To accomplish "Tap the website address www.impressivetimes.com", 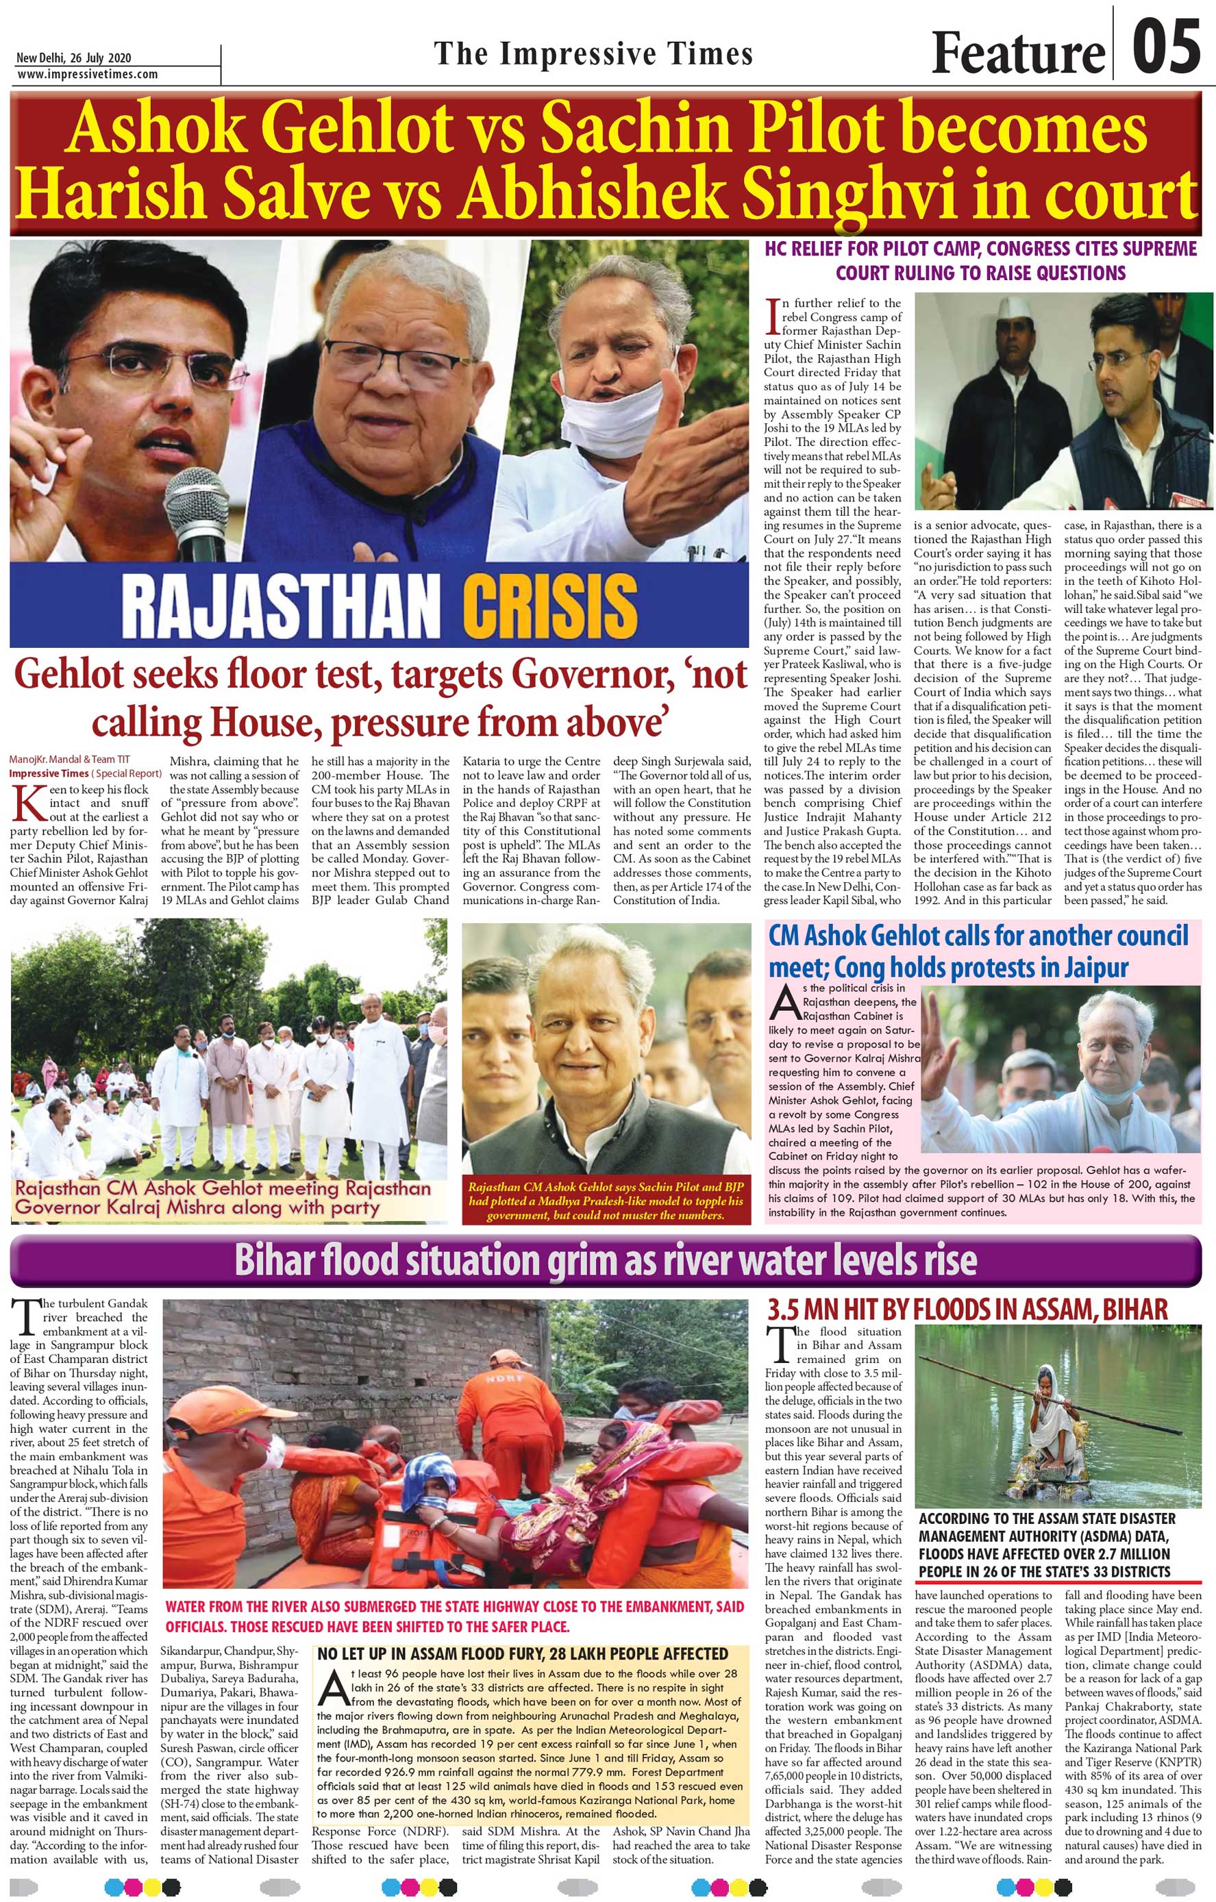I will click(x=87, y=74).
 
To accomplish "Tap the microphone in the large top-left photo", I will click(x=196, y=505).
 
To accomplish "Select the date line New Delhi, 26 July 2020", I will click(x=73, y=58).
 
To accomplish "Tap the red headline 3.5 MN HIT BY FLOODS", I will click(x=967, y=1309).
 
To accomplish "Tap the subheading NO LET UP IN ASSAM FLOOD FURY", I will click(x=522, y=1654).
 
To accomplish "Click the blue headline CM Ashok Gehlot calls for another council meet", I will click(x=978, y=951).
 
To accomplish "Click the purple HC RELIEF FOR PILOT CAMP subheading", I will click(x=980, y=261).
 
